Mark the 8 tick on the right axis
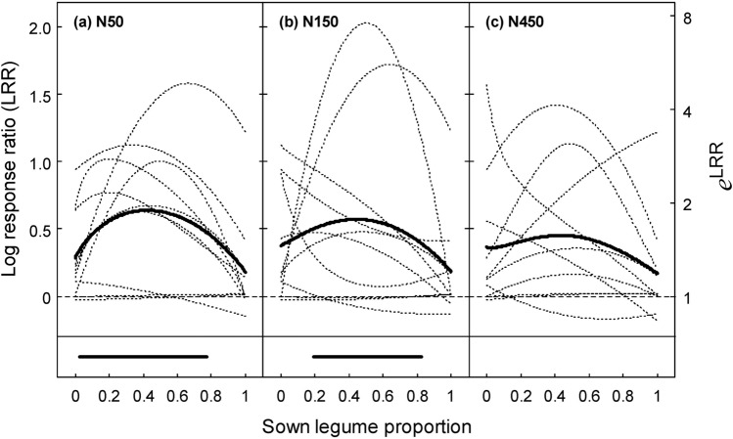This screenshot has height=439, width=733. pyautogui.click(x=688, y=18)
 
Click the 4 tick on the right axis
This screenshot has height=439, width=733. pyautogui.click(x=688, y=110)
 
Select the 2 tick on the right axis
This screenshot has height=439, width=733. pyautogui.click(x=688, y=203)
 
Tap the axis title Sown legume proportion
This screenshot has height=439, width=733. pyautogui.click(x=367, y=426)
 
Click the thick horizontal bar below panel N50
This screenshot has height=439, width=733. pyautogui.click(x=143, y=357)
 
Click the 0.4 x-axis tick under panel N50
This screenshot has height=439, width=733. pyautogui.click(x=143, y=398)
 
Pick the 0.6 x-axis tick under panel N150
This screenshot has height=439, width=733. pyautogui.click(x=383, y=398)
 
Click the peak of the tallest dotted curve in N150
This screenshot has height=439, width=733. pyautogui.click(x=367, y=22)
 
